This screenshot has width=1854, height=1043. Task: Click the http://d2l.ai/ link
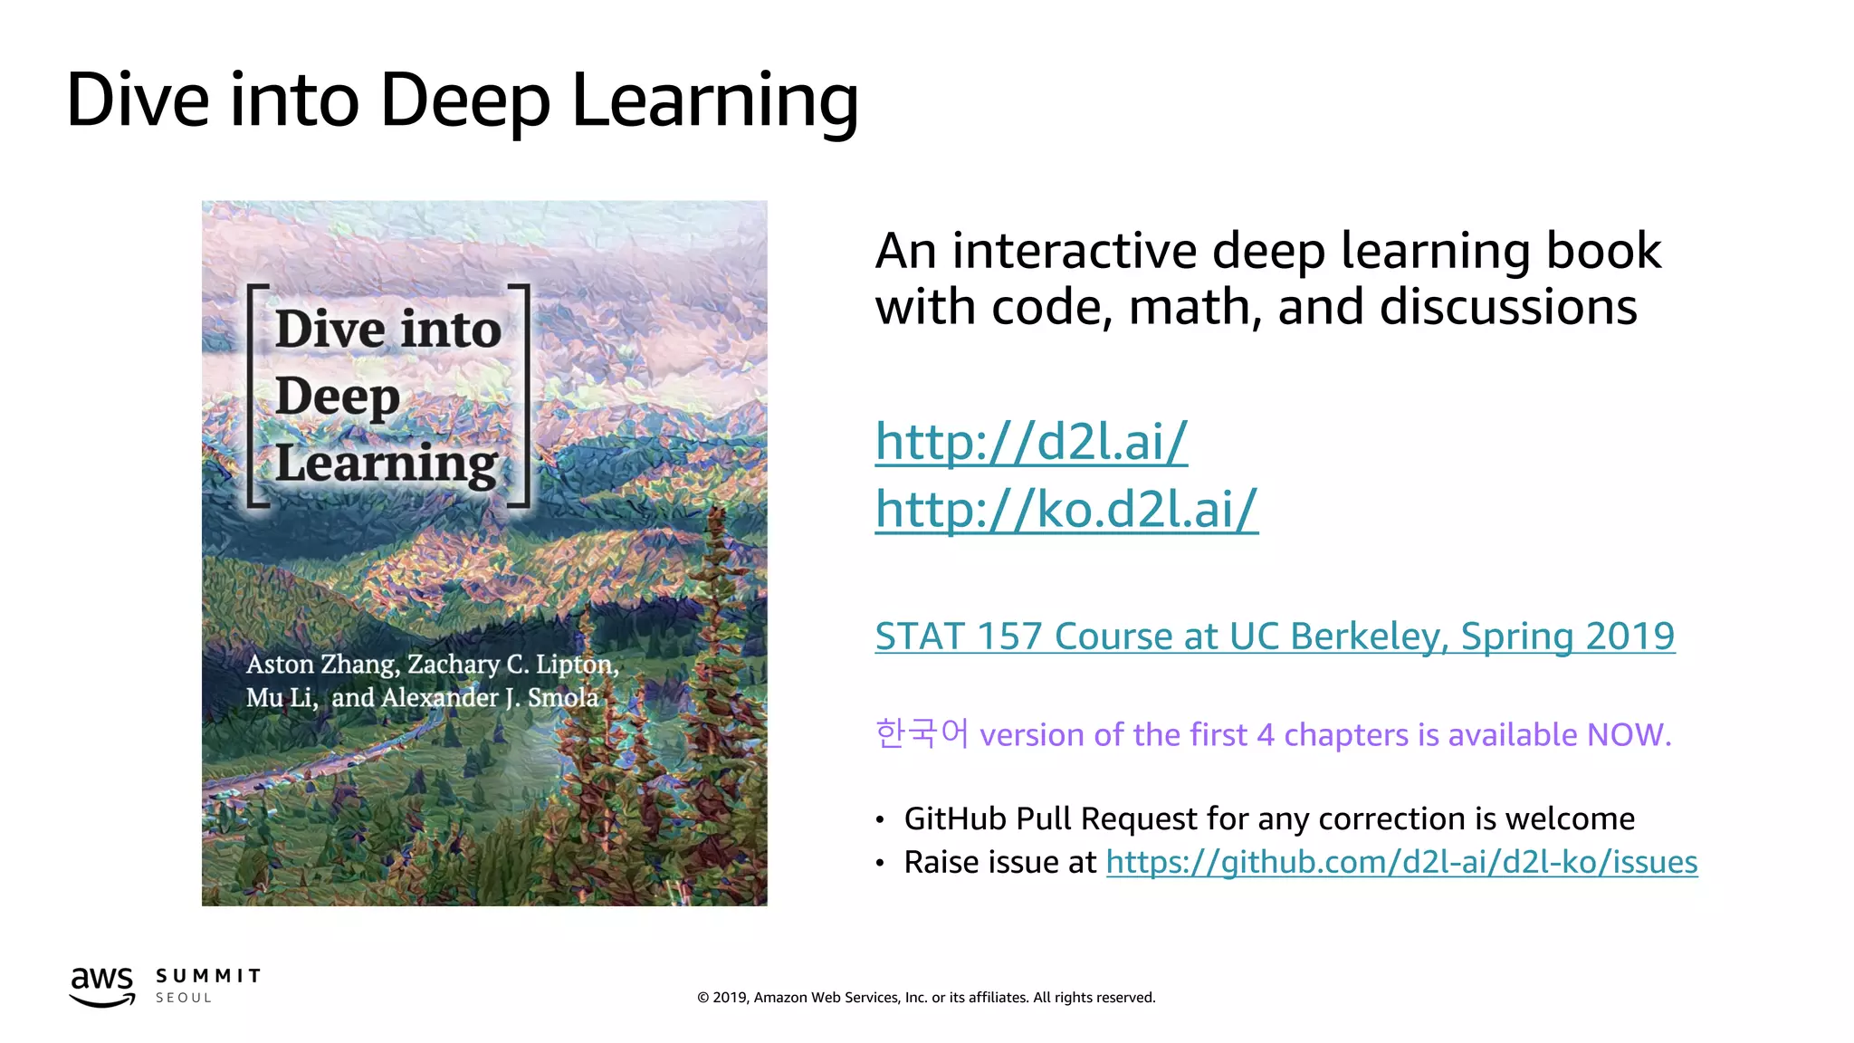pos(1030,443)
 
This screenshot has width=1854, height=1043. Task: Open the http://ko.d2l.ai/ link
pos(1066,509)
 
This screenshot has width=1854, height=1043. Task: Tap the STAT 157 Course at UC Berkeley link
pos(1274,636)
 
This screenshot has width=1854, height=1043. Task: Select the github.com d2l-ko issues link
pos(1400,862)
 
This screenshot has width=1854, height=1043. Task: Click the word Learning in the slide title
pos(714,101)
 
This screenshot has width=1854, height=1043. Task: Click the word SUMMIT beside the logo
pos(208,976)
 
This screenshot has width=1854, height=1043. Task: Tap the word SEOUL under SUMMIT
pos(184,998)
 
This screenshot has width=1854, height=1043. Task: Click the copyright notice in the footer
pos(925,998)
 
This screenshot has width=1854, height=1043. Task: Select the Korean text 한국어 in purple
pos(922,733)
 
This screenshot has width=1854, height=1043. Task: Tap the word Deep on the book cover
pos(337,397)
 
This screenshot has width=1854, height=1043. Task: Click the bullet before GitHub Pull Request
pos(879,820)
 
